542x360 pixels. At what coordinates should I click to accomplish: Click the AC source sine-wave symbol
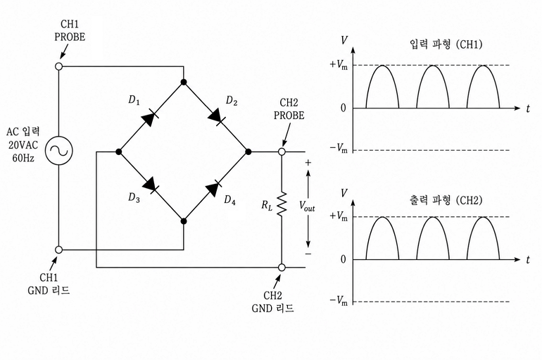(59, 151)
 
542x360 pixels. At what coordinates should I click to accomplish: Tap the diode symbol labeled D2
(217, 117)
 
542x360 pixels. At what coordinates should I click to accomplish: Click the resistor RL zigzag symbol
(282, 203)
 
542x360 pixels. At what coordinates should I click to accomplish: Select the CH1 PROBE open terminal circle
(59, 66)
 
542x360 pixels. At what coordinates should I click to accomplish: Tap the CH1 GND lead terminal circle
(59, 249)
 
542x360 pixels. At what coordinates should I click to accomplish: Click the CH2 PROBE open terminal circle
(282, 151)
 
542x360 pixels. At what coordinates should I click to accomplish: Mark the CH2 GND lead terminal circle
(282, 267)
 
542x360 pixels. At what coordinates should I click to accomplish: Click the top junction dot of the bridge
(184, 82)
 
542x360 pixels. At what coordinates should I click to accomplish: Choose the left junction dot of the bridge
(118, 151)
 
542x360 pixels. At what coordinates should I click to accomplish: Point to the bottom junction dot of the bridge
(184, 221)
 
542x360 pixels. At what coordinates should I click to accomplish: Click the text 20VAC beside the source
(23, 145)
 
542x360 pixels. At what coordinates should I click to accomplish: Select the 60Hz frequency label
(23, 158)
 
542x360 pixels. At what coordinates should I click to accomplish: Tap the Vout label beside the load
(307, 206)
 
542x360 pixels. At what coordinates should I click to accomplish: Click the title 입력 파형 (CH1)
(446, 44)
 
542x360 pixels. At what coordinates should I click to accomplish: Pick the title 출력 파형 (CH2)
(446, 200)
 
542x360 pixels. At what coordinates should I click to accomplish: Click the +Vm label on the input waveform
(339, 65)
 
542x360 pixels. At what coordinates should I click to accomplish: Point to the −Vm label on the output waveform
(339, 300)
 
